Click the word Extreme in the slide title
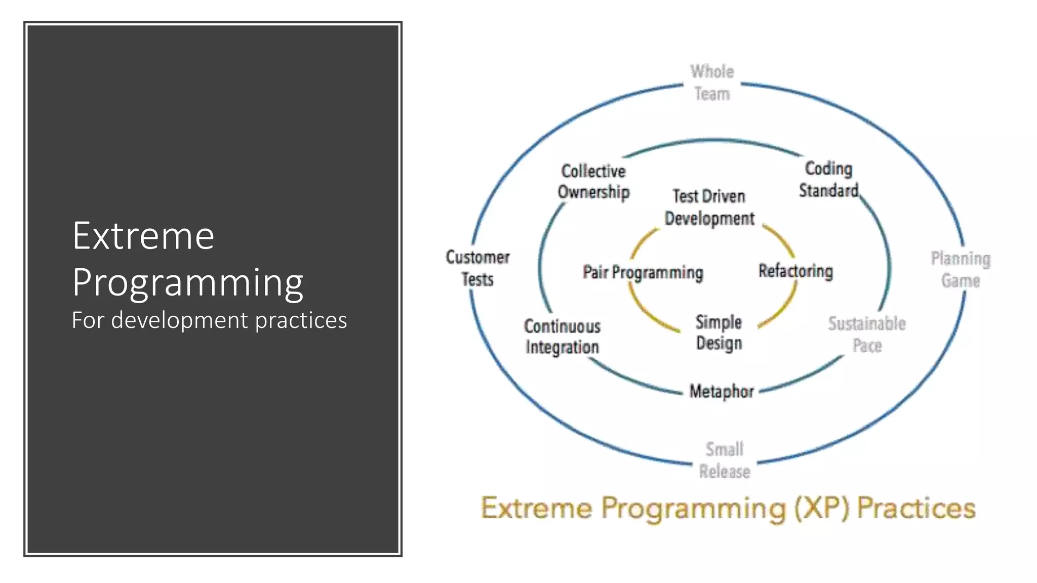tap(143, 236)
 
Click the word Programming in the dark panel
tap(187, 282)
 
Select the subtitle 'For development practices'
tap(209, 320)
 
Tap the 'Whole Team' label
tap(712, 82)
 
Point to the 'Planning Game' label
tap(961, 269)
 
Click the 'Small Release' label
tap(725, 460)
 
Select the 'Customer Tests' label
tap(477, 268)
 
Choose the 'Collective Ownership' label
tap(593, 182)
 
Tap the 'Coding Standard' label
tap(828, 179)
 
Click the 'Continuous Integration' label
tap(562, 337)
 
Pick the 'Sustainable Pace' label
tap(867, 334)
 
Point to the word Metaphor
tap(722, 391)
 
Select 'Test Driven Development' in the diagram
tap(709, 207)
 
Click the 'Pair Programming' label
tap(643, 272)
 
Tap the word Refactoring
tap(795, 271)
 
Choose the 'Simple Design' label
tap(719, 332)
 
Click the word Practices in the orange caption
tap(916, 508)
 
